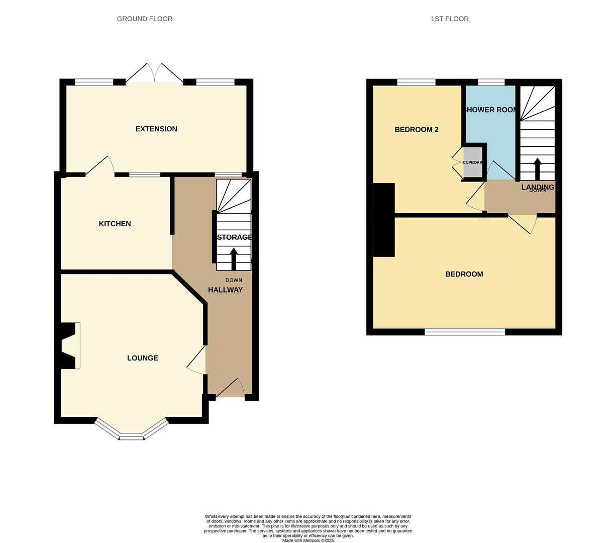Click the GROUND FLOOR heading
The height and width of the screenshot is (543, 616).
tap(145, 19)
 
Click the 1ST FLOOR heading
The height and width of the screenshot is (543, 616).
tap(449, 19)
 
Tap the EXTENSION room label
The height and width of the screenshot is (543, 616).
tap(156, 129)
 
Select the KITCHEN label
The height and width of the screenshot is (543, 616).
tap(115, 224)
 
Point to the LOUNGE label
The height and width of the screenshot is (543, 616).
tap(143, 358)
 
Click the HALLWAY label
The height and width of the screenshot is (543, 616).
tap(225, 290)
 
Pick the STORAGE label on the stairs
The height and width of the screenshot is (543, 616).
tap(234, 237)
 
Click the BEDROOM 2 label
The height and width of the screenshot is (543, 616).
tap(416, 129)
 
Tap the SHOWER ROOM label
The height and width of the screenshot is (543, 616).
tap(490, 110)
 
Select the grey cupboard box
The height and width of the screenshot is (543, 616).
tap(472, 162)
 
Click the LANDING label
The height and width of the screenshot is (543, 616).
tap(538, 187)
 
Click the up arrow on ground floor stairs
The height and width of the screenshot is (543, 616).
tap(234, 258)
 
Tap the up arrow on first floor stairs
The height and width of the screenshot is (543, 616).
tap(537, 168)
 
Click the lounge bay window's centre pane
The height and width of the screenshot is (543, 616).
tap(132, 436)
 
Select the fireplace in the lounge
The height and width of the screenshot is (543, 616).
tap(69, 345)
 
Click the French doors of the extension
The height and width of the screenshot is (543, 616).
tap(154, 74)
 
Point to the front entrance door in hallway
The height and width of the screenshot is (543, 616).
tap(230, 390)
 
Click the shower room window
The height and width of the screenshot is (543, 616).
tap(491, 82)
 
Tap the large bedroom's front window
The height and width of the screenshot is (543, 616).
tap(465, 332)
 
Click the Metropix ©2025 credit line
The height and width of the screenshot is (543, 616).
tap(308, 540)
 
